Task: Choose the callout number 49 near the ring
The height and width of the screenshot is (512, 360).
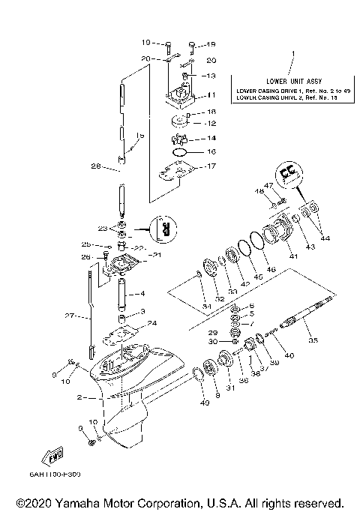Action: pos(203,404)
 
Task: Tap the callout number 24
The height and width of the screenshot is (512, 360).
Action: pos(153,324)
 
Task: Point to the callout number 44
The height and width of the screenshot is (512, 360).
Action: pos(325,238)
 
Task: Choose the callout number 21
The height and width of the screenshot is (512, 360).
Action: pos(157,256)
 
